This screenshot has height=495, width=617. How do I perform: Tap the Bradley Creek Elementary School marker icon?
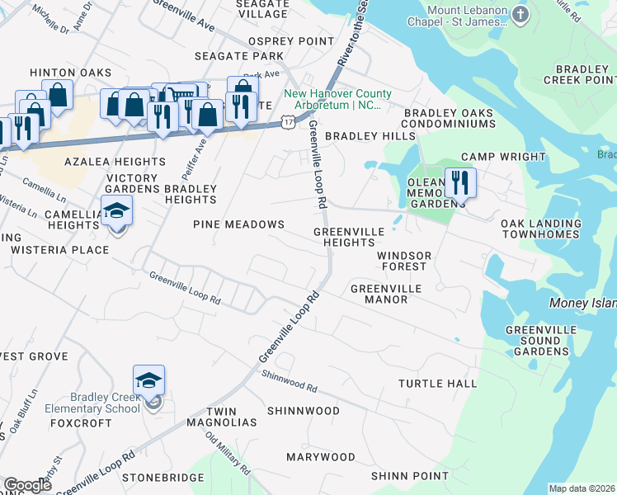tap(149, 380)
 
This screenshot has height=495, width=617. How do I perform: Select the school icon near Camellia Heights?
tap(117, 212)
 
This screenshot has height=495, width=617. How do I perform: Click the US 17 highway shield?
tap(286, 121)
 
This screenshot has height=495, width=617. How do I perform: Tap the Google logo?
tap(27, 485)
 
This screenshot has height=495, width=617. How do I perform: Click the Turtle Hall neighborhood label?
tap(437, 384)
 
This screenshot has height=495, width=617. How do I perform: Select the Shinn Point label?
tap(409, 476)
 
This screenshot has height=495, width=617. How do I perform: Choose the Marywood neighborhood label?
tap(320, 457)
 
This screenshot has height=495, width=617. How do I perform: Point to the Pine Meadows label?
tap(238, 224)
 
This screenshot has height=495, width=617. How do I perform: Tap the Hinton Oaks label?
tap(70, 73)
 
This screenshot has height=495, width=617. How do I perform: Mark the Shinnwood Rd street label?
tap(290, 381)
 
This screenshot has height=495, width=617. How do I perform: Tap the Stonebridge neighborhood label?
tap(162, 478)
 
